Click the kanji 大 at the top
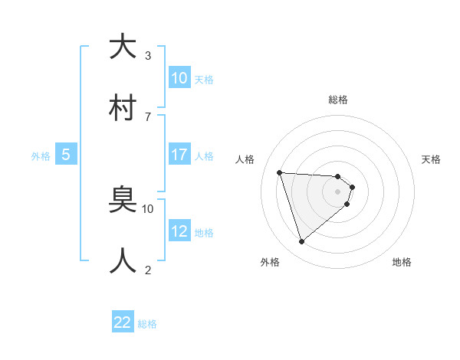[x=123, y=47]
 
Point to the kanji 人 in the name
[x=123, y=260]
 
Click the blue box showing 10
[x=179, y=78]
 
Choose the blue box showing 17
[x=179, y=155]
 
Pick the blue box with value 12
[x=179, y=231]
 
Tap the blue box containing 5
[x=66, y=155]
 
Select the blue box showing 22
[x=123, y=322]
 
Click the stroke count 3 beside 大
[x=147, y=56]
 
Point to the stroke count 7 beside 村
[x=147, y=116]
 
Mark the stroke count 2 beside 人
[x=147, y=270]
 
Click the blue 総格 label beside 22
[x=147, y=324]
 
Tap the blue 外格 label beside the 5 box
[x=41, y=156]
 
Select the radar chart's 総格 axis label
[x=338, y=100]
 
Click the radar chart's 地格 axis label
[x=402, y=262]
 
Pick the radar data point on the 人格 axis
[x=280, y=172]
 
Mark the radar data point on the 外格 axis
[x=301, y=242]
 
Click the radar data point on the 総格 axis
[x=338, y=176]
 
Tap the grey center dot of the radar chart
[x=338, y=191]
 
